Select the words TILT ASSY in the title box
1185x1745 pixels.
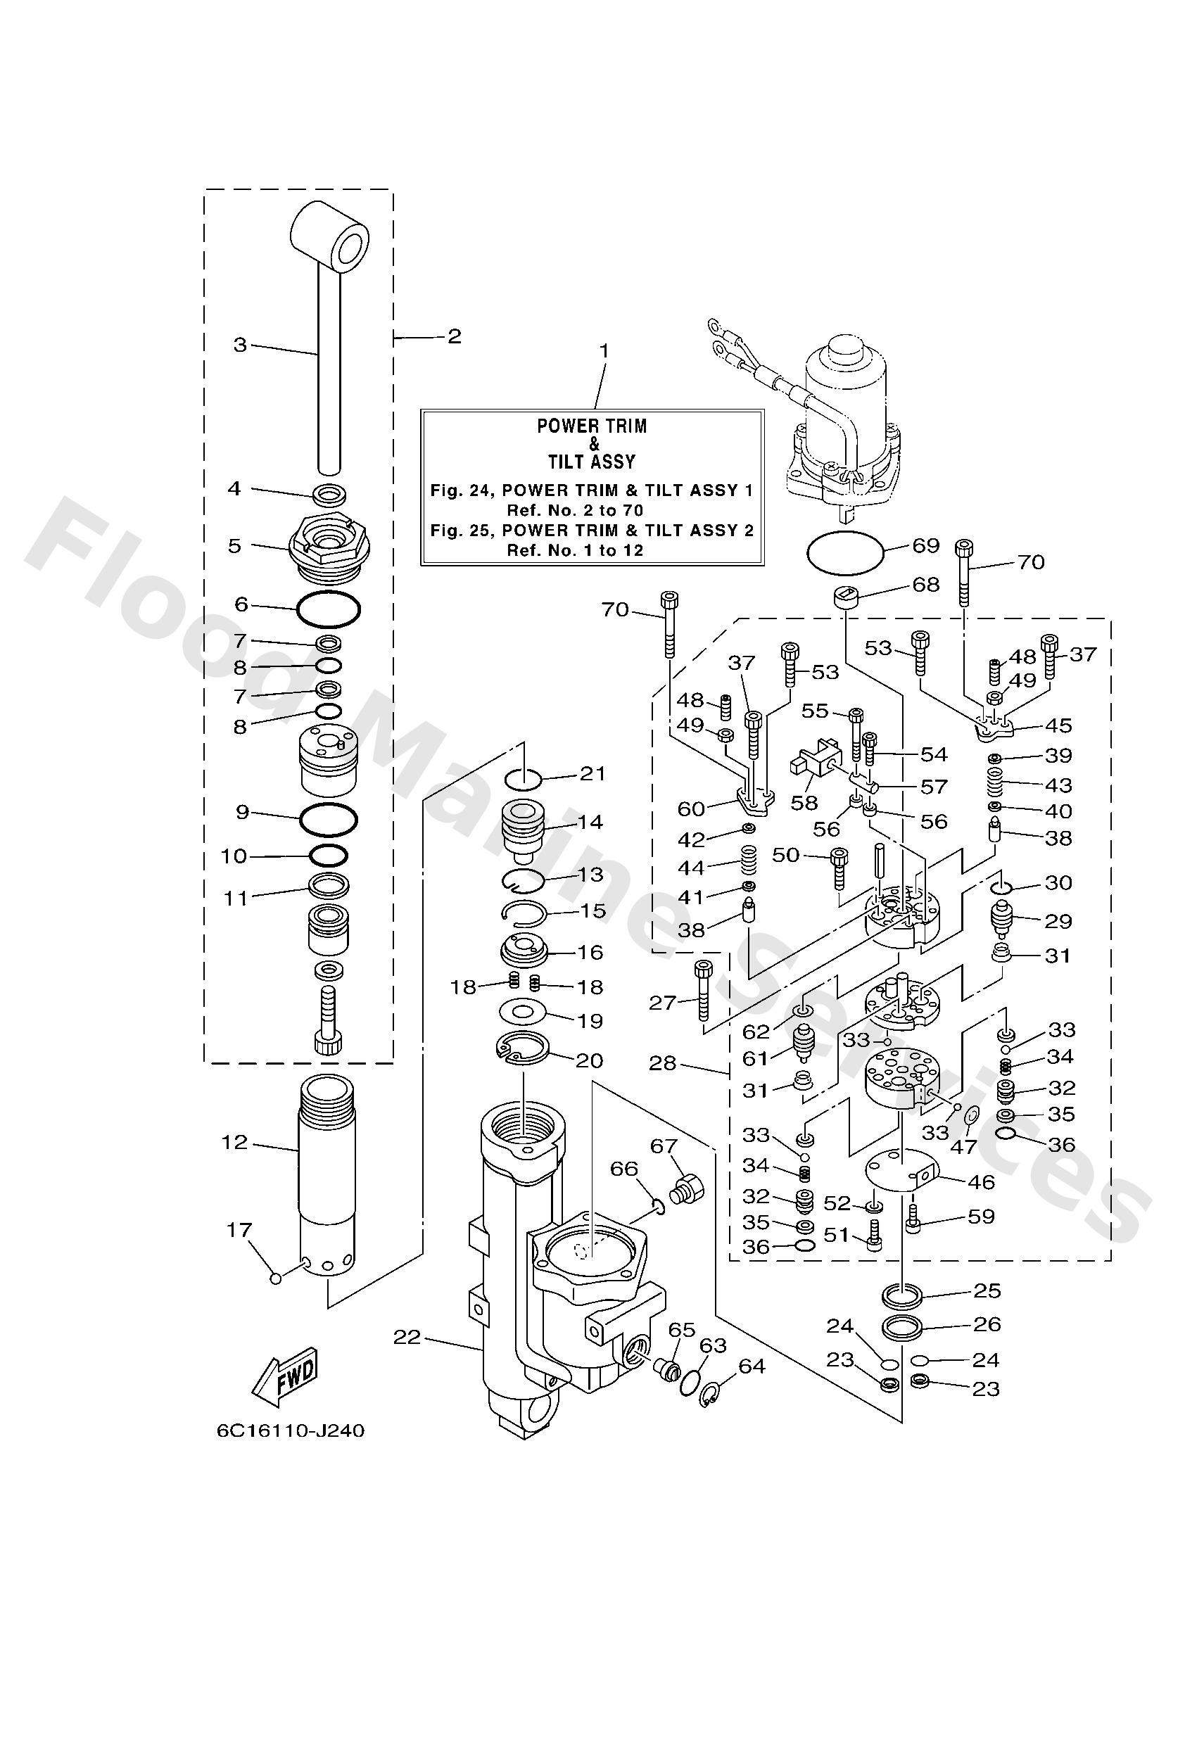point(592,461)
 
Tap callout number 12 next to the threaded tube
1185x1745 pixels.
point(234,1142)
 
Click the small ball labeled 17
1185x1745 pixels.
point(276,1278)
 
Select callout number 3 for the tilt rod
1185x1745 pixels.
point(239,345)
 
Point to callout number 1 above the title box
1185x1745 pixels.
point(604,350)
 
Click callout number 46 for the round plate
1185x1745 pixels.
point(981,1182)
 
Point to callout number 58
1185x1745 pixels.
point(804,803)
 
